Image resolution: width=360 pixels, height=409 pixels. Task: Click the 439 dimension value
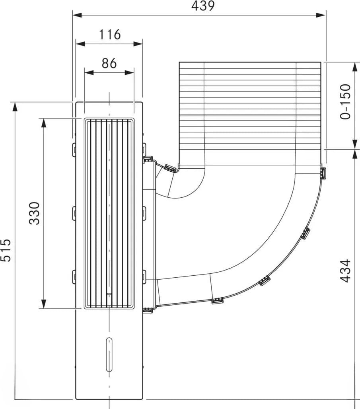[203, 6]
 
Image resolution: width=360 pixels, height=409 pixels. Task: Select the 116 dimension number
[110, 35]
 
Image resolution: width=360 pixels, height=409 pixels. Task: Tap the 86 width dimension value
[109, 63]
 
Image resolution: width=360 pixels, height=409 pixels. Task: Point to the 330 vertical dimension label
[35, 213]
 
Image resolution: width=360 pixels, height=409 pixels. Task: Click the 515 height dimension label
[6, 250]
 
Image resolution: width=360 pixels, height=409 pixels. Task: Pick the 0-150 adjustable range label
[345, 102]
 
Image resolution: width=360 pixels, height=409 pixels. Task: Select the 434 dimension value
[345, 271]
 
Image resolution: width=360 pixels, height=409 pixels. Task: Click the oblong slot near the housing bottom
[109, 355]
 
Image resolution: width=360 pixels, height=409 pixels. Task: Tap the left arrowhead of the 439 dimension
[77, 15]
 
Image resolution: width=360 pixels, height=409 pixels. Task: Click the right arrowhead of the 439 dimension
[321, 15]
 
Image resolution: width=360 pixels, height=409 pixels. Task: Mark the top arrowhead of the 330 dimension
[44, 123]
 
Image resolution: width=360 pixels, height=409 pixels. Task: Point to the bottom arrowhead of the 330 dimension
[44, 304]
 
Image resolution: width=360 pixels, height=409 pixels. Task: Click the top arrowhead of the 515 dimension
[15, 107]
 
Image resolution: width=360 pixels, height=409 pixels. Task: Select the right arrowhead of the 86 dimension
[129, 72]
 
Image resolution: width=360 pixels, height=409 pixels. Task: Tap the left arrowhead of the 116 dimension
[80, 44]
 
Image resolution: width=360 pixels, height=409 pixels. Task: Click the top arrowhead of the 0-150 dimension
[355, 67]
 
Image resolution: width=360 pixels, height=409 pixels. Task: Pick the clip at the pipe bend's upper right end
[323, 173]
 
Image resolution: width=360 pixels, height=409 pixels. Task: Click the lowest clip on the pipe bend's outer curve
[218, 300]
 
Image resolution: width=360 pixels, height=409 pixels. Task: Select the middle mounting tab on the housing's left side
[74, 213]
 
